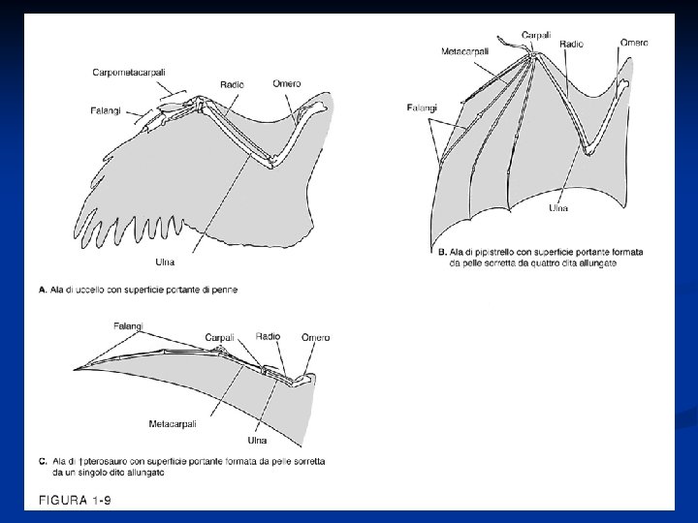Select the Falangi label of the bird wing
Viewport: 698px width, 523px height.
point(108,110)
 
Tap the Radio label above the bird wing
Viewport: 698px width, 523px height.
point(232,85)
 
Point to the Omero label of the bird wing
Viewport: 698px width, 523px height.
point(287,83)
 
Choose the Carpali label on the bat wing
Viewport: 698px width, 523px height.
point(536,35)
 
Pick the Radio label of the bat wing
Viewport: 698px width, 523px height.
point(571,45)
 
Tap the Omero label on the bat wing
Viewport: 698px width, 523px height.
point(634,43)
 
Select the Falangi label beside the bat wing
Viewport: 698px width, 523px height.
point(423,108)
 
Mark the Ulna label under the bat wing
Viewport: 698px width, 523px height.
point(558,208)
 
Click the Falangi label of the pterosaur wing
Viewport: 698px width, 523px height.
point(128,324)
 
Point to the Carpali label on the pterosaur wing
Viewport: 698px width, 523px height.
point(219,337)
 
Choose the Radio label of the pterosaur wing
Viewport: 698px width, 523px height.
point(269,336)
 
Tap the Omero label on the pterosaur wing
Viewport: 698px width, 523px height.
point(315,337)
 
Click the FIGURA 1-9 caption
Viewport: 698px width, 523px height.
point(72,500)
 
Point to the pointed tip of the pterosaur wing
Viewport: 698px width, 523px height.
point(74,369)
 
